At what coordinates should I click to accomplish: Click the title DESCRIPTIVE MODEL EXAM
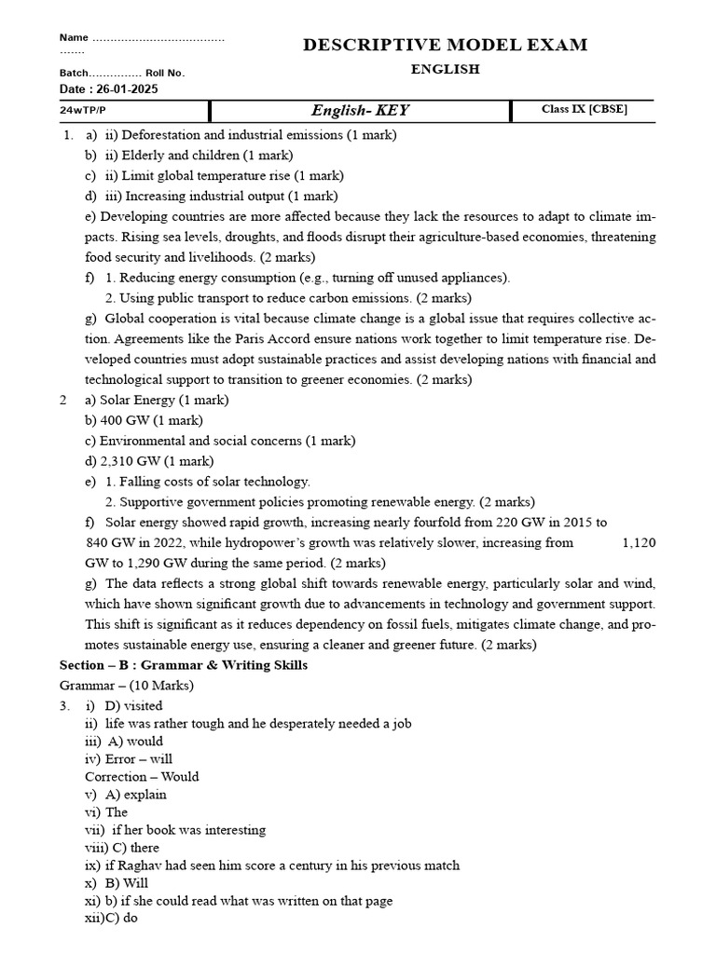pos(445,45)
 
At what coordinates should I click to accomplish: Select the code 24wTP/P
pos(83,110)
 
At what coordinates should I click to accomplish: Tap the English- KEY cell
pos(360,111)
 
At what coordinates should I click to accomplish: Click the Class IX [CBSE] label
pos(584,110)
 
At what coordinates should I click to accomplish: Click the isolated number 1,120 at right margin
pos(639,542)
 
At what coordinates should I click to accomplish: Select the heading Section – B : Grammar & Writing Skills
pos(183,665)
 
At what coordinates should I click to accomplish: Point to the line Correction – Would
pos(142,777)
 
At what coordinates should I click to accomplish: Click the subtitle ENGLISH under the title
pos(445,70)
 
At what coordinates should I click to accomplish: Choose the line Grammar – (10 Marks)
pos(126,686)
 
